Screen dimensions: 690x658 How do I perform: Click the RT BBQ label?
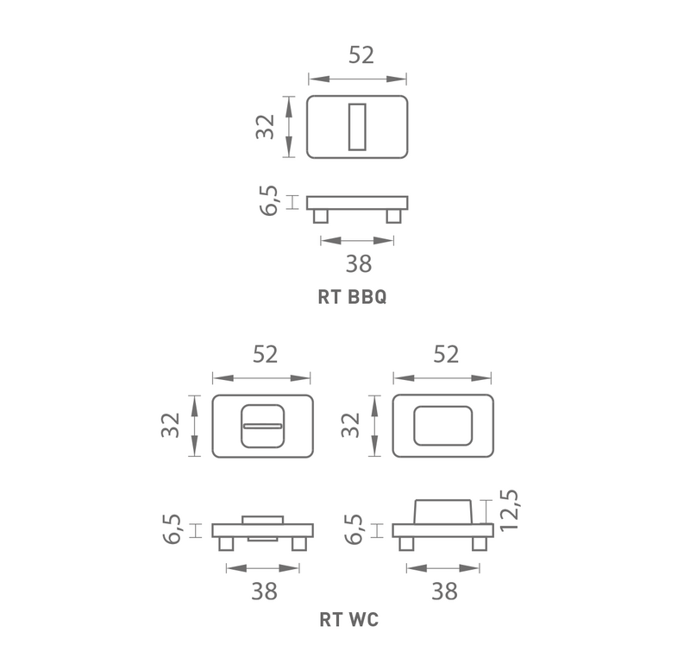click(x=352, y=296)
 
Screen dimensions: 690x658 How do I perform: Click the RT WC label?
click(x=349, y=619)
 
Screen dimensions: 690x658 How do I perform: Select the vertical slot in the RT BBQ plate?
click(x=357, y=127)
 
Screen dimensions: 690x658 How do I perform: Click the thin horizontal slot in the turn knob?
click(x=263, y=426)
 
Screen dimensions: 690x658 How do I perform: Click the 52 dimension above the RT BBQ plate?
click(x=361, y=54)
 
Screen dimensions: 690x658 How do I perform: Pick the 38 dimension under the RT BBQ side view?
click(x=359, y=263)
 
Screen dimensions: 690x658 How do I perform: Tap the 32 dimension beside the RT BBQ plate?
click(x=265, y=126)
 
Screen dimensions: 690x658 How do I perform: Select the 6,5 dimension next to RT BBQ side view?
click(x=268, y=200)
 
